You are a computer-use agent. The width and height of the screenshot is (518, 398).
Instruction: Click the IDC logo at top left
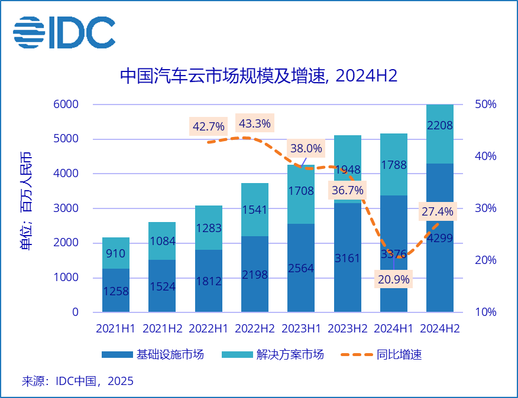[64, 32]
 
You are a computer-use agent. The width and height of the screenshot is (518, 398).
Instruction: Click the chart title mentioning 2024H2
[258, 76]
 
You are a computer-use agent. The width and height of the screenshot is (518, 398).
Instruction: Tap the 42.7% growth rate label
[208, 126]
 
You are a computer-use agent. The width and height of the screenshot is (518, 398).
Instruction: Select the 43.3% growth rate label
[254, 123]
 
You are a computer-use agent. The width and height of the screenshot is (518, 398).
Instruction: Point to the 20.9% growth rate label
[393, 279]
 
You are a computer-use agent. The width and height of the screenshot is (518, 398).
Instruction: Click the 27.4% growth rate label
[437, 211]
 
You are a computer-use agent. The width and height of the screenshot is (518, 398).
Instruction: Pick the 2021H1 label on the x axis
[116, 328]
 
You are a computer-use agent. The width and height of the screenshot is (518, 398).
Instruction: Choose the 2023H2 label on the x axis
[347, 328]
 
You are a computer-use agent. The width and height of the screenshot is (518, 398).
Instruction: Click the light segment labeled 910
[116, 253]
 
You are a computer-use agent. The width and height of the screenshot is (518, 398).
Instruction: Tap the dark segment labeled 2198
[255, 274]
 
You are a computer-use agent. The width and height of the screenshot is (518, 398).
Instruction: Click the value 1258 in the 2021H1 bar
[116, 291]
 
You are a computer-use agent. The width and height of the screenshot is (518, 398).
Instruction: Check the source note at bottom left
[77, 381]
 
